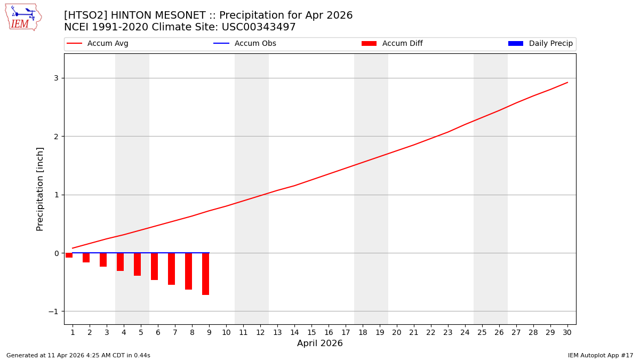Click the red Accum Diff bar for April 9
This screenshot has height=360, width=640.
point(205,274)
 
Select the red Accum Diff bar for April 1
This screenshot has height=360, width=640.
point(69,255)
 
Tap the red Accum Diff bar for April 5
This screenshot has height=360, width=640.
point(137,264)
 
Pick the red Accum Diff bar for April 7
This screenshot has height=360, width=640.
point(171,269)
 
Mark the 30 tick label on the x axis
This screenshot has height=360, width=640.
point(567,332)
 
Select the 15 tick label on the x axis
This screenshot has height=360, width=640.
point(311,332)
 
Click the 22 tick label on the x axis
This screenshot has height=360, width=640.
point(431,332)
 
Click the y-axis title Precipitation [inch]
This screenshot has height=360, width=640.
point(40,189)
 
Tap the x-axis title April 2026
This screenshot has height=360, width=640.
point(320,343)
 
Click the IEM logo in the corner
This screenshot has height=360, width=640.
point(22,17)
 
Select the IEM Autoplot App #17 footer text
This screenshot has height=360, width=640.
point(600,355)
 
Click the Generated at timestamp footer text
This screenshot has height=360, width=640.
point(78,355)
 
